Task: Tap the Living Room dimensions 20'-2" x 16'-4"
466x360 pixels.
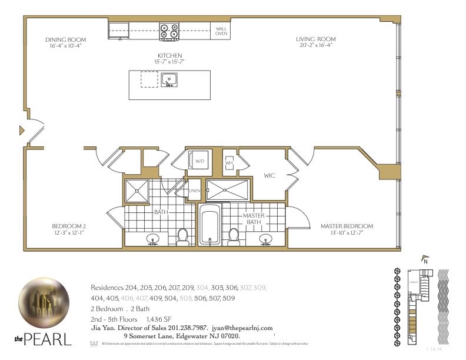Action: tap(315, 45)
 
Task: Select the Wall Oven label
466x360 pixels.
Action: tap(221, 31)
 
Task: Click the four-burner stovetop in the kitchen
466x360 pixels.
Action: tap(169, 31)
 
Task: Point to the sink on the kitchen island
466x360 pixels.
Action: tap(169, 79)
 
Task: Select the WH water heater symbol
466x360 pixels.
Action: tap(229, 162)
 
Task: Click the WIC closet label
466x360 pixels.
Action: tap(270, 175)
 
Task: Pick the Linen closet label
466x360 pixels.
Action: tap(195, 191)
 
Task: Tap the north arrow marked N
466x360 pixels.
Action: tap(424, 259)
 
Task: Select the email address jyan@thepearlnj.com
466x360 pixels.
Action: tap(242, 328)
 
